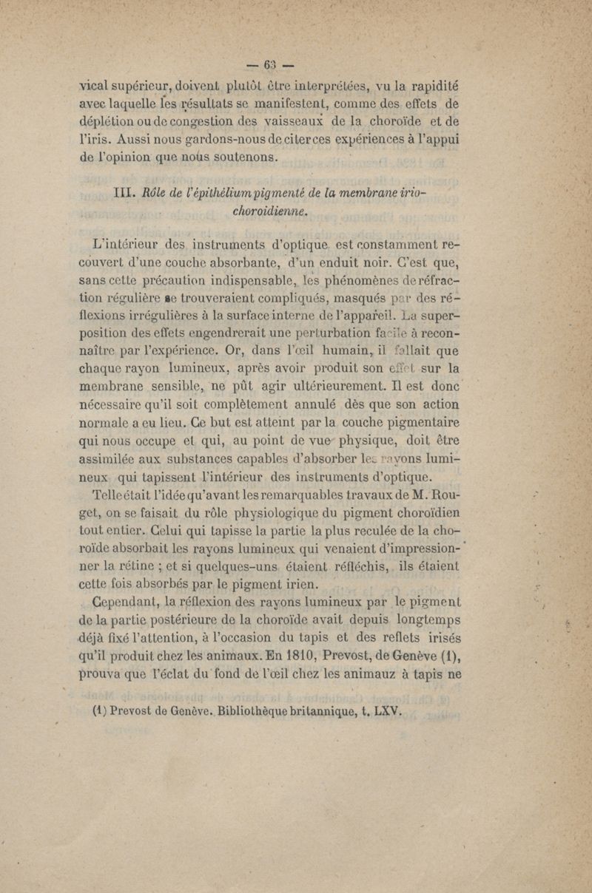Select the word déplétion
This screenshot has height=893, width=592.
[x=109, y=120]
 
